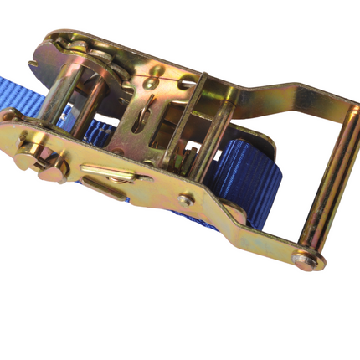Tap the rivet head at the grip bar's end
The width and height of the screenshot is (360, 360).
[303, 260]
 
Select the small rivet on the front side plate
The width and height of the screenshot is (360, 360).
[186, 200]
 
